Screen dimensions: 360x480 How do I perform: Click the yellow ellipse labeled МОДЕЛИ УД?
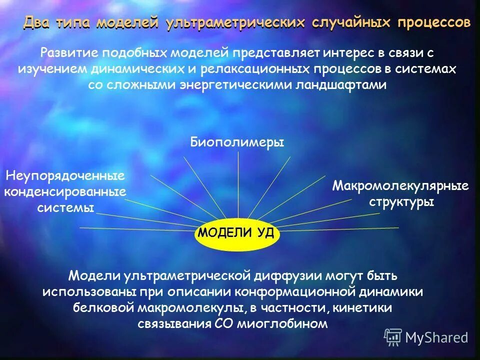(x=236, y=232)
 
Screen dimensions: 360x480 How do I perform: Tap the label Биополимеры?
(x=237, y=142)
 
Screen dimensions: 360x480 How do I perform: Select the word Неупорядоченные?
(x=65, y=175)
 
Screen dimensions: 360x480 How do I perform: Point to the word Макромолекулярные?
(x=400, y=186)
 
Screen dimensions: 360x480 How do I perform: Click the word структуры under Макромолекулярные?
(x=401, y=202)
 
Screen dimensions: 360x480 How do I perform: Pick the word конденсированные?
(x=65, y=191)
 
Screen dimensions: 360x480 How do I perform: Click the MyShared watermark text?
(x=436, y=337)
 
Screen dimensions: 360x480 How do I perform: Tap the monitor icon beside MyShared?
(x=393, y=337)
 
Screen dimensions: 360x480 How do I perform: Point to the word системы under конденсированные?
(x=65, y=207)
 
